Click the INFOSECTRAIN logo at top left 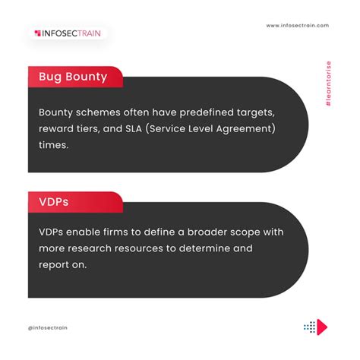pyautogui.click(x=71, y=33)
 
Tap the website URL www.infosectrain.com pyautogui.click(x=297, y=25)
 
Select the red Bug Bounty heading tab pyautogui.click(x=73, y=77)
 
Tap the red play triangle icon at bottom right pyautogui.click(x=322, y=327)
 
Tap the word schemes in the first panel pyautogui.click(x=101, y=112)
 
